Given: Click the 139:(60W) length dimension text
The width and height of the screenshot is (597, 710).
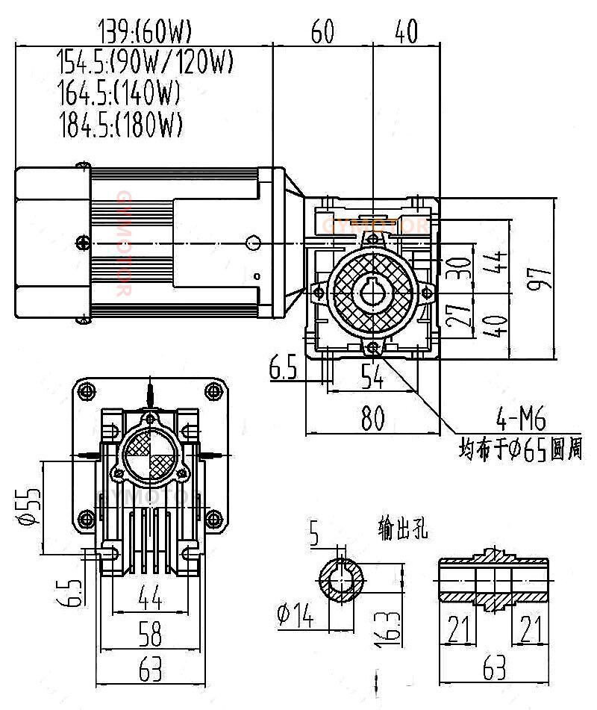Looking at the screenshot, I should (146, 31).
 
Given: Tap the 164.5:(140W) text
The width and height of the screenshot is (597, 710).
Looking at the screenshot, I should (119, 93).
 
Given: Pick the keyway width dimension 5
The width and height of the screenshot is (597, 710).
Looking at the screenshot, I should (313, 535).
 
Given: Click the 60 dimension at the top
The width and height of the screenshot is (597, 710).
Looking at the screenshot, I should (322, 31).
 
